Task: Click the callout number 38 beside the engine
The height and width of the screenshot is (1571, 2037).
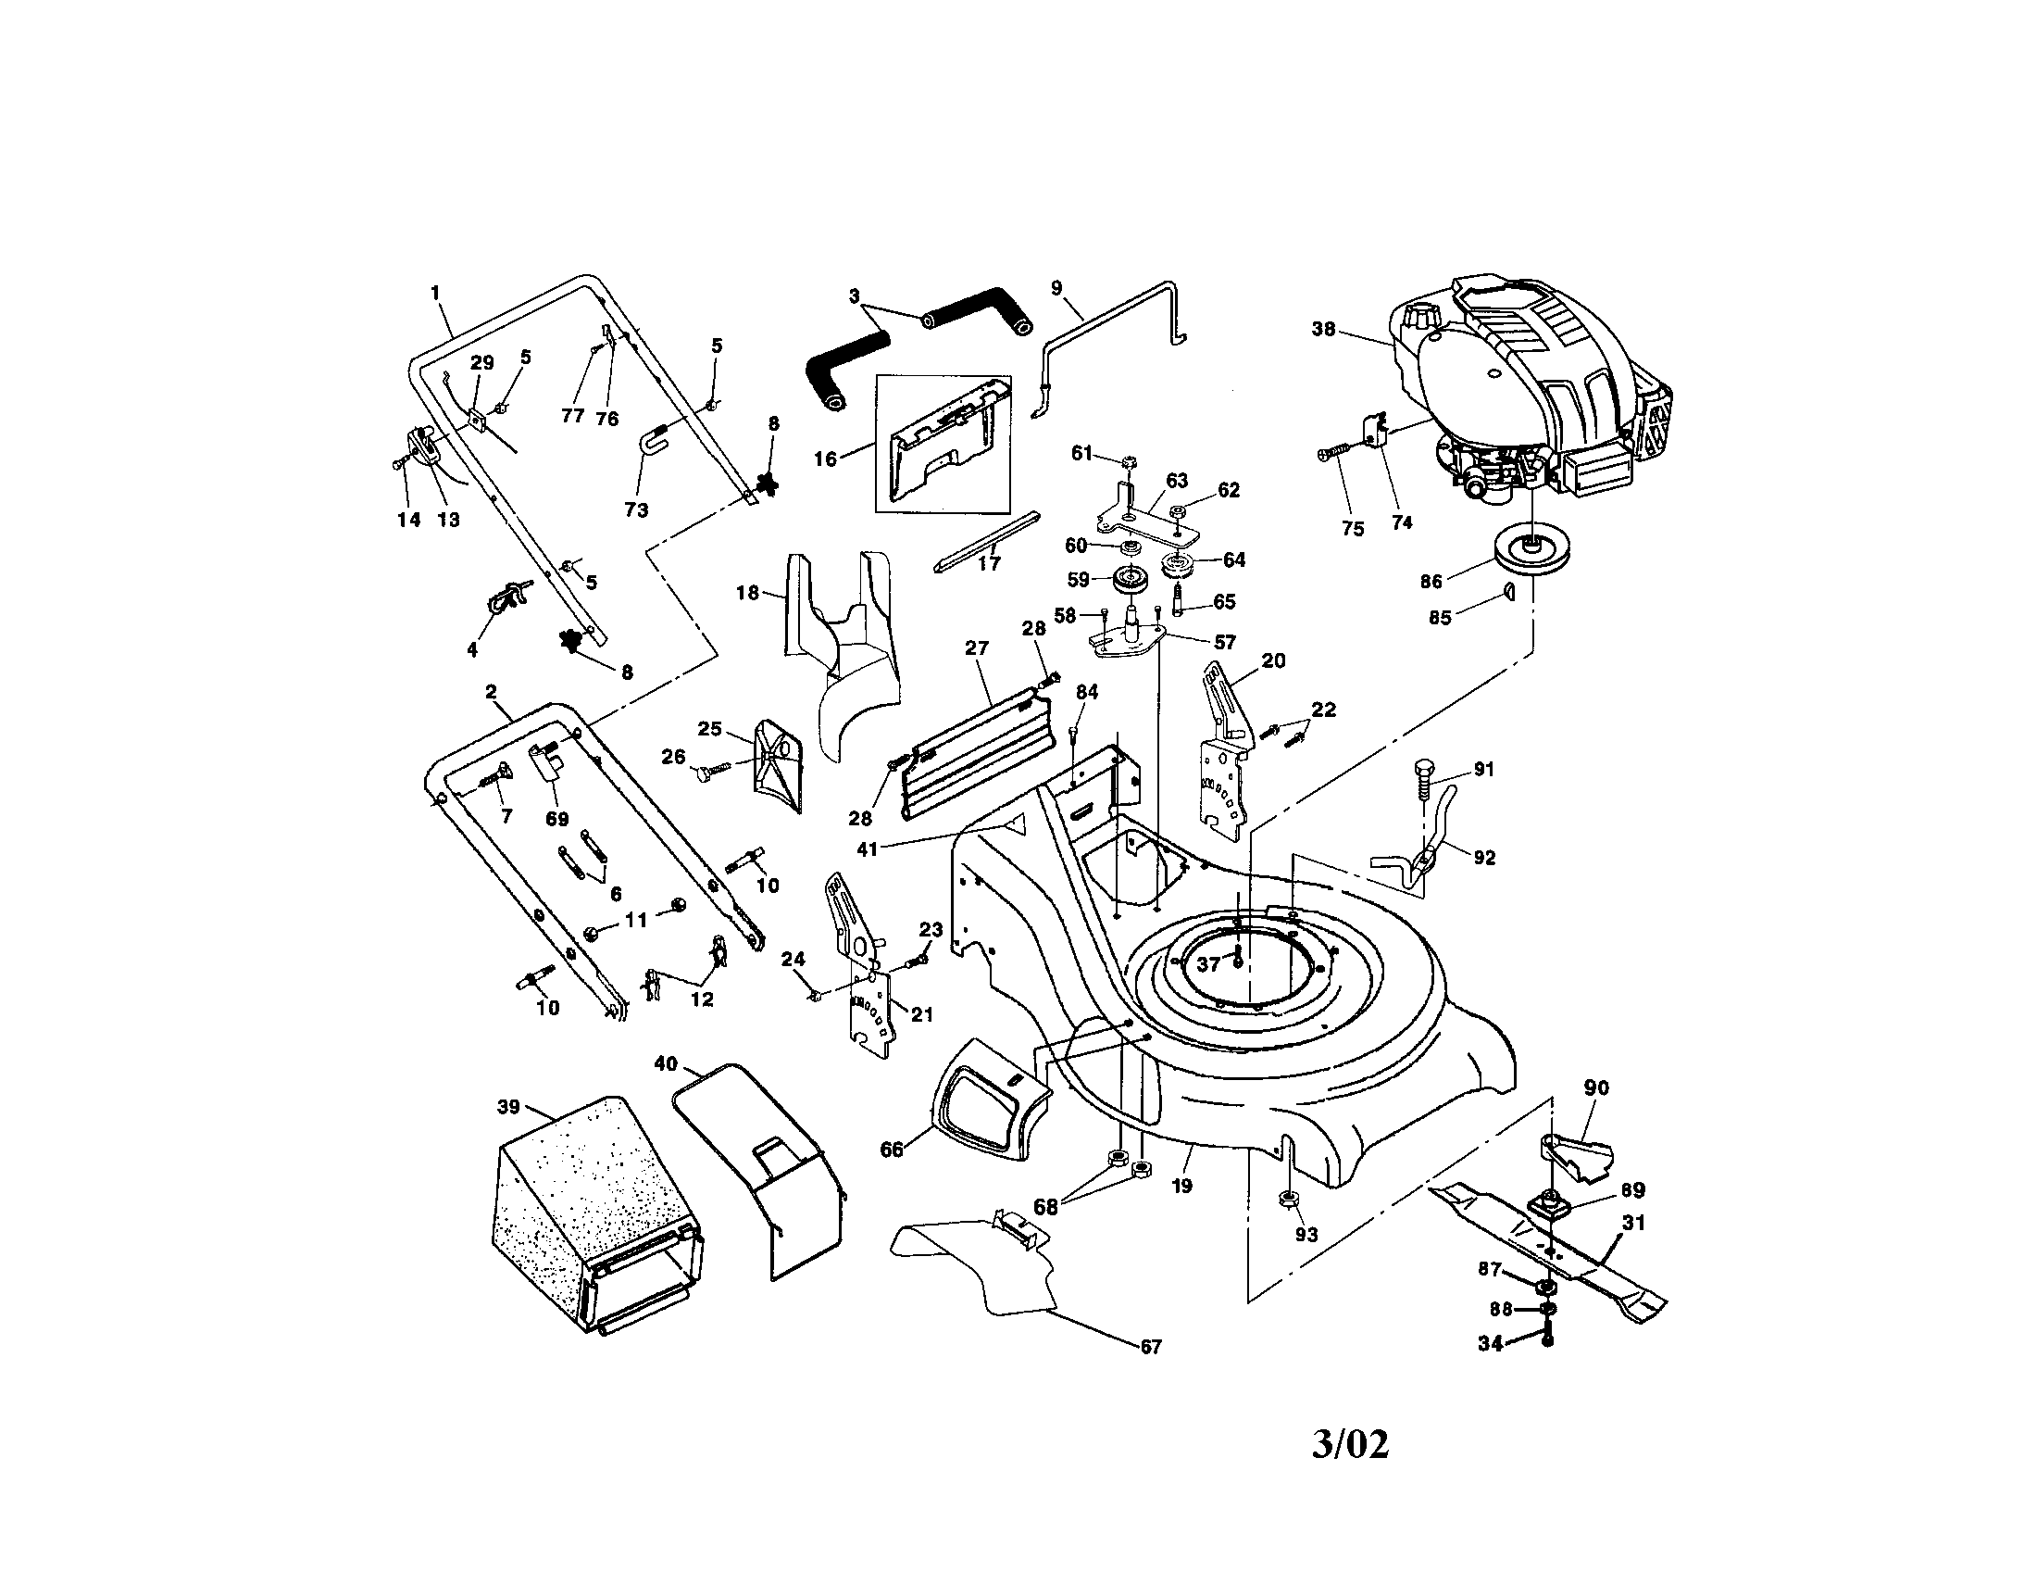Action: pyautogui.click(x=1323, y=330)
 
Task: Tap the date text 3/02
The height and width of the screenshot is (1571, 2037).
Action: pyautogui.click(x=1350, y=1445)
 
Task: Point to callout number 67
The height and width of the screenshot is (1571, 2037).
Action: pyautogui.click(x=1151, y=1347)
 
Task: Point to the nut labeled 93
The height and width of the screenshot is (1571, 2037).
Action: pyautogui.click(x=1285, y=1199)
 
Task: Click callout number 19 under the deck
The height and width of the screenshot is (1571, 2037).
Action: pyautogui.click(x=1181, y=1187)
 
